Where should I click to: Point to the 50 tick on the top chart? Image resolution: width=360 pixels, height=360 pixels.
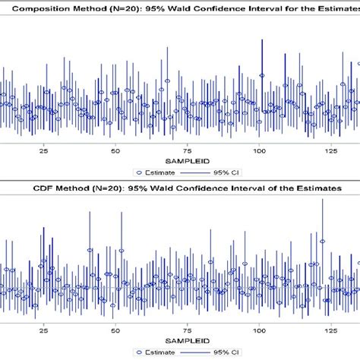(115, 151)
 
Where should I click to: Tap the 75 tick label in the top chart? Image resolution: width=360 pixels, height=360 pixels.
(188, 151)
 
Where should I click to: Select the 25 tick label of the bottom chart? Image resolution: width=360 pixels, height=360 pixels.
(43, 330)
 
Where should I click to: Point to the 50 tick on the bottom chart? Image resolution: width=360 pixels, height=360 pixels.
(115, 330)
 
